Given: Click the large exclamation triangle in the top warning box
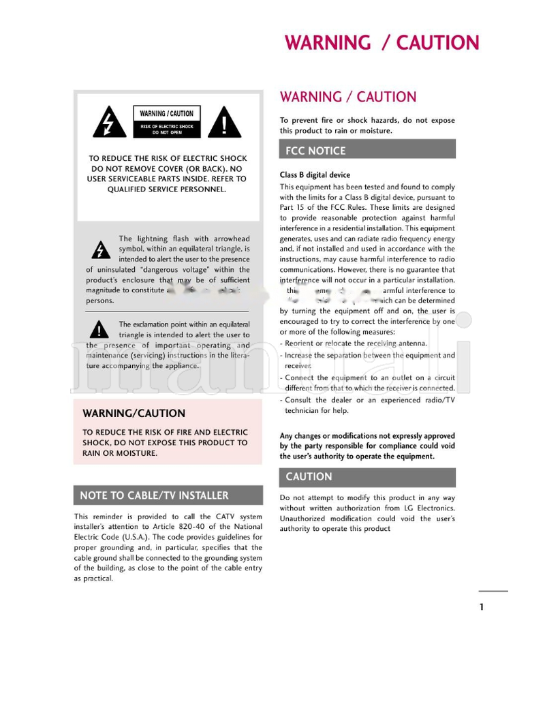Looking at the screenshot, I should tap(225, 123).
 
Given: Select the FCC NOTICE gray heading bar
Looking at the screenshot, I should tap(367, 150).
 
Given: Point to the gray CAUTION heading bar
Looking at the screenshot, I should tap(367, 477).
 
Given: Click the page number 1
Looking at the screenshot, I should tap(482, 607).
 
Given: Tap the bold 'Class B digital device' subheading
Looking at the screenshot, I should tap(315, 175).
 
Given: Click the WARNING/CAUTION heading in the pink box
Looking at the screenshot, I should tap(134, 413).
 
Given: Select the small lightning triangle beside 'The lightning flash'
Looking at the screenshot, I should tap(101, 250).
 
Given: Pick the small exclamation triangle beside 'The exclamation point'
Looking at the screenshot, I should tap(99, 331).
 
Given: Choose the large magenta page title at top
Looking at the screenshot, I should tap(381, 43).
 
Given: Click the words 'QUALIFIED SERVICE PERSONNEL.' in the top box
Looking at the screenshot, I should tap(167, 189).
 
